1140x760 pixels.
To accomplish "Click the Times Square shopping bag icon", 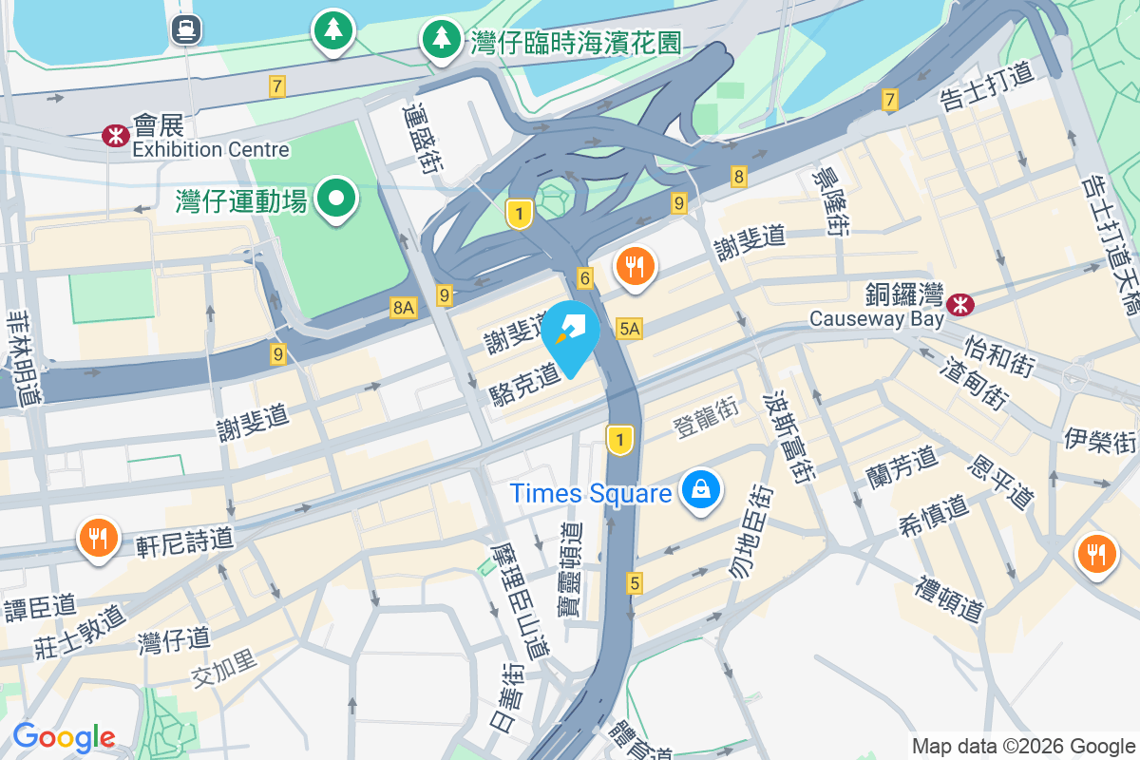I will tap(700, 490).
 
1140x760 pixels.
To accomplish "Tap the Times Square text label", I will tap(591, 493).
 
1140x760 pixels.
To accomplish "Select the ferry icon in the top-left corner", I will tap(185, 29).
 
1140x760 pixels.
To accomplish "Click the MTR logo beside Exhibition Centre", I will tap(116, 136).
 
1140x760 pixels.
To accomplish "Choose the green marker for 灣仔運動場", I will tap(336, 199).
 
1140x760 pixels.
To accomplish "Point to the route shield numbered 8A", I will tap(404, 307).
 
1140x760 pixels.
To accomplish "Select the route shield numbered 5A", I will tap(630, 329).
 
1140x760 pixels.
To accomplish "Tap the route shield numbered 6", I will tap(585, 278).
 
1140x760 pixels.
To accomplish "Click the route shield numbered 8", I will tap(739, 176).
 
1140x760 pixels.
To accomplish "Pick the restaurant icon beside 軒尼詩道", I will tap(99, 538).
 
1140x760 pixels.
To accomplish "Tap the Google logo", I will tap(64, 737).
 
